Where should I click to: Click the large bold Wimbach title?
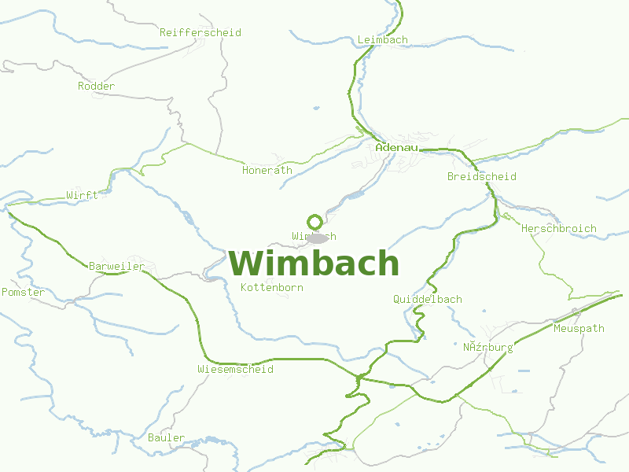point(314,263)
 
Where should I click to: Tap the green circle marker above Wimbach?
point(314,221)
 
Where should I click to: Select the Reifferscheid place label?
point(200,33)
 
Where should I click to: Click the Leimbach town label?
point(382,40)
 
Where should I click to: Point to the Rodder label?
point(96,87)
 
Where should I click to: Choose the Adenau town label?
point(395,147)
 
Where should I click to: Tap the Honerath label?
point(267,171)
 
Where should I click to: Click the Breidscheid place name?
point(481,177)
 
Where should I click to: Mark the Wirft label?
point(82,196)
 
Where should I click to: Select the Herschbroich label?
point(558,229)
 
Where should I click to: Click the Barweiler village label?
point(116,267)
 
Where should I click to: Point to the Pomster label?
point(24,293)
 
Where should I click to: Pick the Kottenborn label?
point(271,288)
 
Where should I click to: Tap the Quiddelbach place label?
point(427,300)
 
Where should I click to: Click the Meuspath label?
point(579,329)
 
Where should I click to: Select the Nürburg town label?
point(487,348)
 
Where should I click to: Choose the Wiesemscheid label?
point(236,369)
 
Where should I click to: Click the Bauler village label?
point(166,438)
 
